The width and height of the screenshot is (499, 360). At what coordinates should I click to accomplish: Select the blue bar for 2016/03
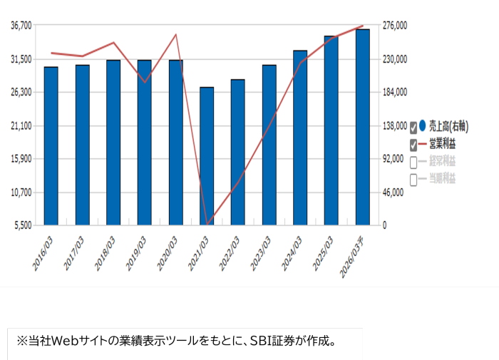51,145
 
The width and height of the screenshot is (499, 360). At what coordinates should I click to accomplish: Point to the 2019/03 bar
144,142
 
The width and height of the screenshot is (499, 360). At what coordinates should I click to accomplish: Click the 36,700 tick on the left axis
21,25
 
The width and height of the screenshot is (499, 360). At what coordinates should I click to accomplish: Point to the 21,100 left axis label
21,125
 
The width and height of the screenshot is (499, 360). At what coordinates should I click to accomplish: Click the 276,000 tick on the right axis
393,25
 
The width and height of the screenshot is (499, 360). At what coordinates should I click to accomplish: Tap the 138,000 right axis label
393,125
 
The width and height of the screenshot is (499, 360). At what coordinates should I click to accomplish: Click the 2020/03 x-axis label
167,254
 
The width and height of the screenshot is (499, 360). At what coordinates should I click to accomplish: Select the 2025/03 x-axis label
323,254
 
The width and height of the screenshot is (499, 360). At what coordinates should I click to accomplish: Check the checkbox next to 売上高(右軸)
414,128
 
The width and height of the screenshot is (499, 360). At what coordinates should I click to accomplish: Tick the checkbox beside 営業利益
414,145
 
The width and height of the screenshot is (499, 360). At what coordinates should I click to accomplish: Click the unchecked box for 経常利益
414,162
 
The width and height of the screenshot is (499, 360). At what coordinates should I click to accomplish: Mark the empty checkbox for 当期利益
414,178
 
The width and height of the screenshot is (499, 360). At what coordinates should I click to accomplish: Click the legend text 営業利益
442,145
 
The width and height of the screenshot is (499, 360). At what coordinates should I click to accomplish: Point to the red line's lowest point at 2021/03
207,224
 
